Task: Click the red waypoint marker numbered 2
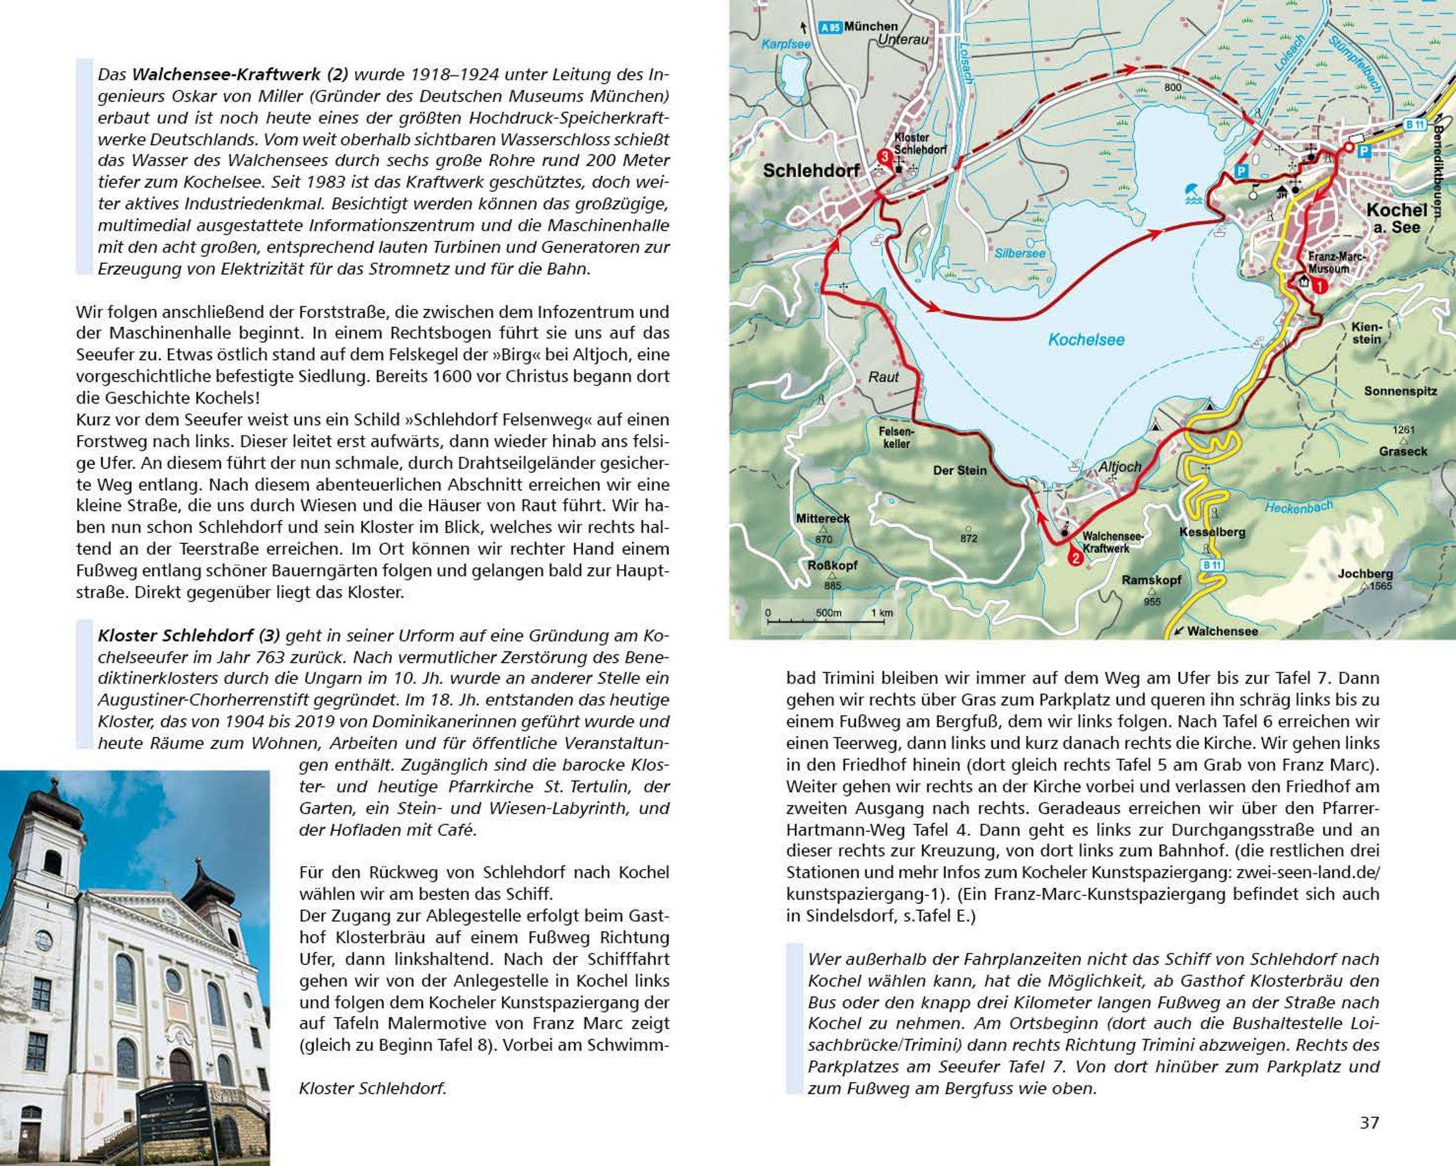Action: (1074, 558)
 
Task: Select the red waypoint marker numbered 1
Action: (1319, 286)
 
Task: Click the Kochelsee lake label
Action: (1086, 340)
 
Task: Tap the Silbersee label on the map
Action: (1020, 253)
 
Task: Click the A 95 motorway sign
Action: (830, 28)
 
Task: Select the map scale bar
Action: (826, 618)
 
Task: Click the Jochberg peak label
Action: (1365, 574)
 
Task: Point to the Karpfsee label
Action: (786, 44)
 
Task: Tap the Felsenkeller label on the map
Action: (896, 437)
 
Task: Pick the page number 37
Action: (1369, 1122)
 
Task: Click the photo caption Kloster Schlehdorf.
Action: (372, 1088)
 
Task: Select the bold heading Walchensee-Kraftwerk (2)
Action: (240, 74)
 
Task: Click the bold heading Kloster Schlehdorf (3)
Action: (189, 636)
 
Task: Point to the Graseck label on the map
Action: (1403, 451)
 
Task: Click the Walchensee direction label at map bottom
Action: (1222, 631)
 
